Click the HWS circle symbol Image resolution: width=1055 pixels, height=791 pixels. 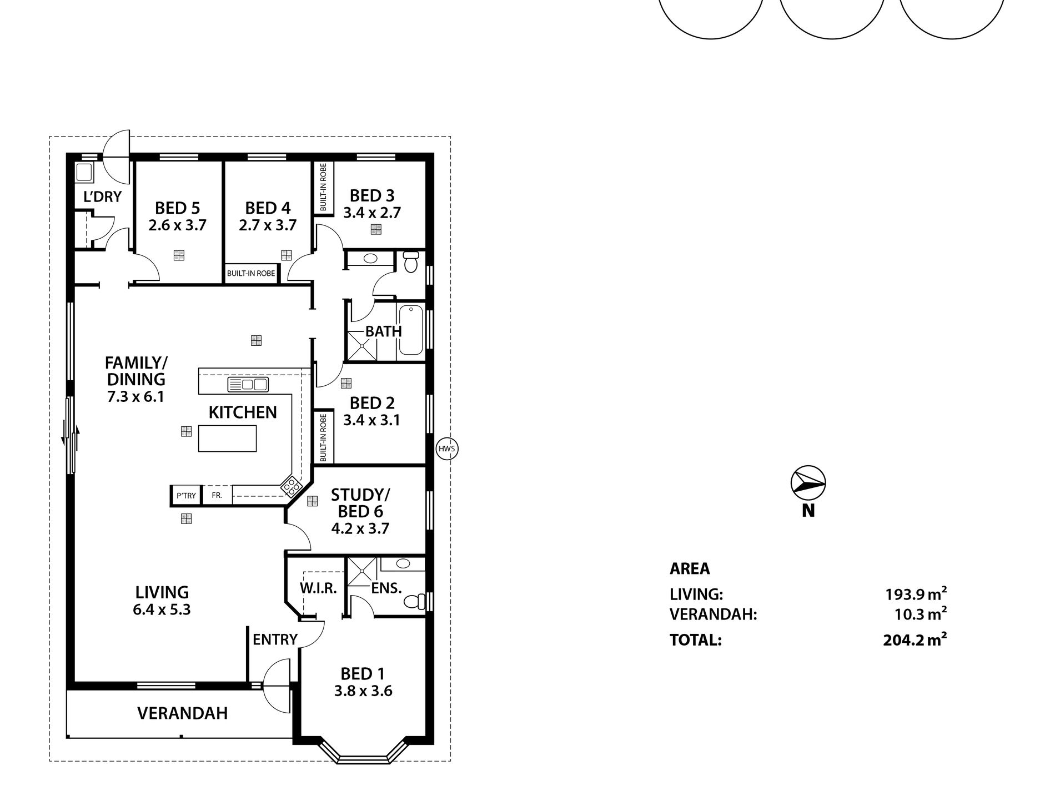pyautogui.click(x=446, y=449)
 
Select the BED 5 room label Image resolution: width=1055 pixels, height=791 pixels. pyautogui.click(x=177, y=208)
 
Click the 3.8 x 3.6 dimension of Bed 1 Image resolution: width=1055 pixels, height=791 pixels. pyautogui.click(x=363, y=691)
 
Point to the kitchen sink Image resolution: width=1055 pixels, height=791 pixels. pyautogui.click(x=248, y=384)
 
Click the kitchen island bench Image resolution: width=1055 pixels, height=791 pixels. pyautogui.click(x=227, y=438)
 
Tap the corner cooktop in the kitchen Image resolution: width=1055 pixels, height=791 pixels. pyautogui.click(x=290, y=486)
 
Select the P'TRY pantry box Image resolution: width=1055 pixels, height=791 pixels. pyautogui.click(x=186, y=496)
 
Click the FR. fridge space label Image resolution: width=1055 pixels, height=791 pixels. pyautogui.click(x=217, y=495)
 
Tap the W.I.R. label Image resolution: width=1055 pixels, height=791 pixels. pyautogui.click(x=319, y=589)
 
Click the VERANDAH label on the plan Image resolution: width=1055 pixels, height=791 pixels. pyautogui.click(x=182, y=713)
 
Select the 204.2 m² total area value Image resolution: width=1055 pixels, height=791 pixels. pyautogui.click(x=914, y=641)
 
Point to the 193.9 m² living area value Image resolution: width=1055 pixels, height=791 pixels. pyautogui.click(x=915, y=594)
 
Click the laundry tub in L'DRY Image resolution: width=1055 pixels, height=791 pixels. pyautogui.click(x=84, y=173)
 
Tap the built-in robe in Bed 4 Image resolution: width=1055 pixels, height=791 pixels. pyautogui.click(x=251, y=274)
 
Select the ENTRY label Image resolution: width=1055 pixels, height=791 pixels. pyautogui.click(x=275, y=639)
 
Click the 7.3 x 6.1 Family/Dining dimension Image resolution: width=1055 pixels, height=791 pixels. pyautogui.click(x=136, y=397)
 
